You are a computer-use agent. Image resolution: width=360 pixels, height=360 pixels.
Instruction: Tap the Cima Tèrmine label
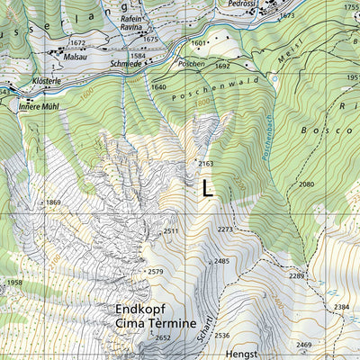pos(155,323)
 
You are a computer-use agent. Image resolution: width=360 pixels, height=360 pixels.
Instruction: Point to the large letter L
pos(208,188)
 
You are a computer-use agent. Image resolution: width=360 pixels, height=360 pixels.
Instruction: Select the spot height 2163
pos(206,164)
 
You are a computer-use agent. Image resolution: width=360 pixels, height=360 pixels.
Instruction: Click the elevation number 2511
pos(172,232)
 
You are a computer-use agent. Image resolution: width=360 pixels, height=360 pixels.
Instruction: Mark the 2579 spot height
pos(156,271)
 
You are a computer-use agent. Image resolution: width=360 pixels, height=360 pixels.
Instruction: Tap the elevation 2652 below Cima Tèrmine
pos(162,337)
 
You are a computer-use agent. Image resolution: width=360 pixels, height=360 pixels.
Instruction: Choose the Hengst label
pos(242,355)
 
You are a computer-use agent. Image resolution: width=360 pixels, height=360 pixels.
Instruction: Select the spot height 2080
pos(307,184)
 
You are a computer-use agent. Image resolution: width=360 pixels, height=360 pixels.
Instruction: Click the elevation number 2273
pos(225,229)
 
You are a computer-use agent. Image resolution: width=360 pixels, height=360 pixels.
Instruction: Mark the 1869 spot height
pos(53,202)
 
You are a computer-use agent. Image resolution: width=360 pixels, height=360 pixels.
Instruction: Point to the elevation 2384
pos(341,307)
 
